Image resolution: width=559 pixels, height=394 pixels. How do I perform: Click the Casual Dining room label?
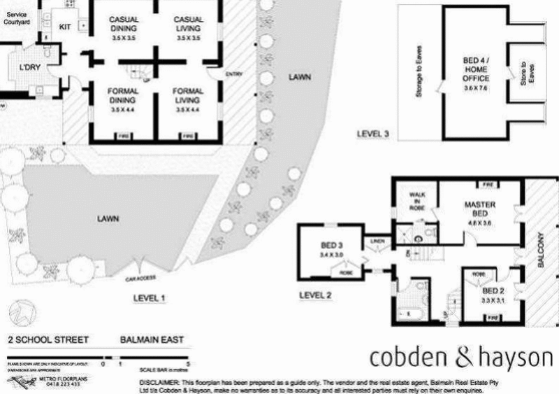(x=124, y=24)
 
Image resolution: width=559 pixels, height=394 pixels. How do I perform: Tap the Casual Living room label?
(x=187, y=24)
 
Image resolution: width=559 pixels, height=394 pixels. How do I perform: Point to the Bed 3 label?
(x=330, y=246)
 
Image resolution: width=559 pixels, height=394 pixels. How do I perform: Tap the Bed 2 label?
(x=493, y=290)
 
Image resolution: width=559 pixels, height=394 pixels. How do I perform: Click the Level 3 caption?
(x=372, y=134)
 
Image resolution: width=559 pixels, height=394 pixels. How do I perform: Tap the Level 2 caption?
(x=314, y=295)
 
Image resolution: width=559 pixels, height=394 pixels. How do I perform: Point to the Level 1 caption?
(x=149, y=298)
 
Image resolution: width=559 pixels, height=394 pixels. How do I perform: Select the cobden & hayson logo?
(x=460, y=357)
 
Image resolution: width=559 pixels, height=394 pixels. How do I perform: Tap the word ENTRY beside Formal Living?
(x=233, y=74)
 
